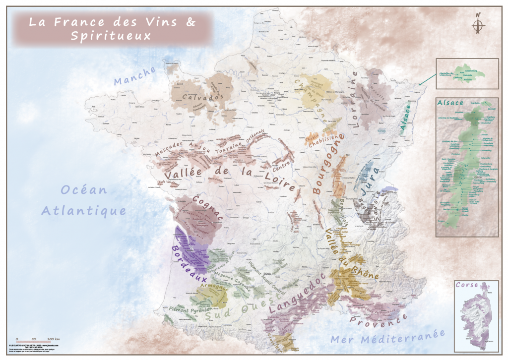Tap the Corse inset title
pyautogui.click(x=469, y=285)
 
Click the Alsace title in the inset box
pyautogui.click(x=450, y=102)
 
